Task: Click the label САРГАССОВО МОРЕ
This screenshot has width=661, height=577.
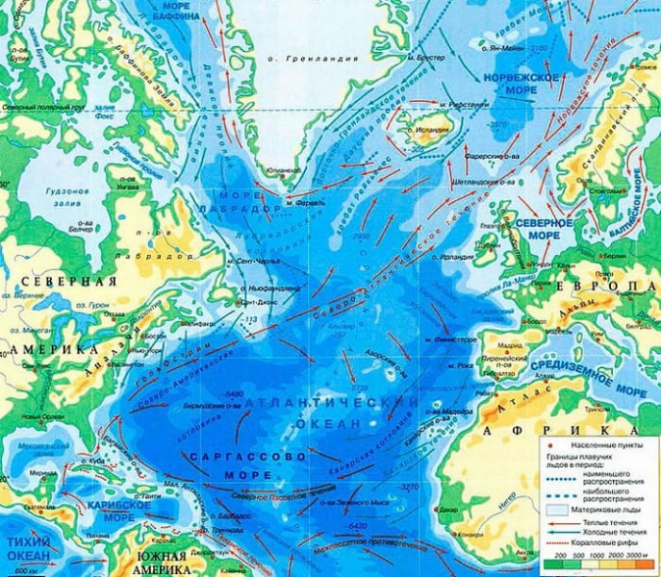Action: (248, 464)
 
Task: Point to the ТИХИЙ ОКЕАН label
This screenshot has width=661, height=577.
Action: (29, 548)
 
